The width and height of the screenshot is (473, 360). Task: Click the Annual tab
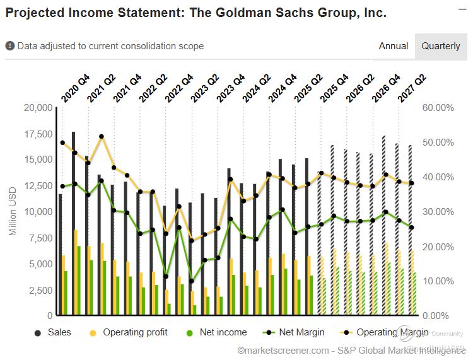pyautogui.click(x=393, y=46)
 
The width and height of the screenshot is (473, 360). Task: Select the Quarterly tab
pyautogui.click(x=441, y=46)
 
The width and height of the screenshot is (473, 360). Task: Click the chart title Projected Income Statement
pyautogui.click(x=196, y=13)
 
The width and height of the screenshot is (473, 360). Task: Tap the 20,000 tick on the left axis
pyautogui.click(x=37, y=108)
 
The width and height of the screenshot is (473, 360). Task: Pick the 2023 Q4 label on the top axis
pyautogui.click(x=231, y=88)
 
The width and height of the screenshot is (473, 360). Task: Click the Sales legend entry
pyautogui.click(x=59, y=332)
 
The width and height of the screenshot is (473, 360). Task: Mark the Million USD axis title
pyautogui.click(x=13, y=211)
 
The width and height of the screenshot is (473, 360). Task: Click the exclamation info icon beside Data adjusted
pyautogui.click(x=10, y=46)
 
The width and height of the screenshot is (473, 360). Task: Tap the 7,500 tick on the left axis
pyautogui.click(x=40, y=238)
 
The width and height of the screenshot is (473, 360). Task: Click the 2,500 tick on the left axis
pyautogui.click(x=40, y=290)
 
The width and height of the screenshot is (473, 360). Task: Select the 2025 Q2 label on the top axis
pyautogui.click(x=308, y=88)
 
